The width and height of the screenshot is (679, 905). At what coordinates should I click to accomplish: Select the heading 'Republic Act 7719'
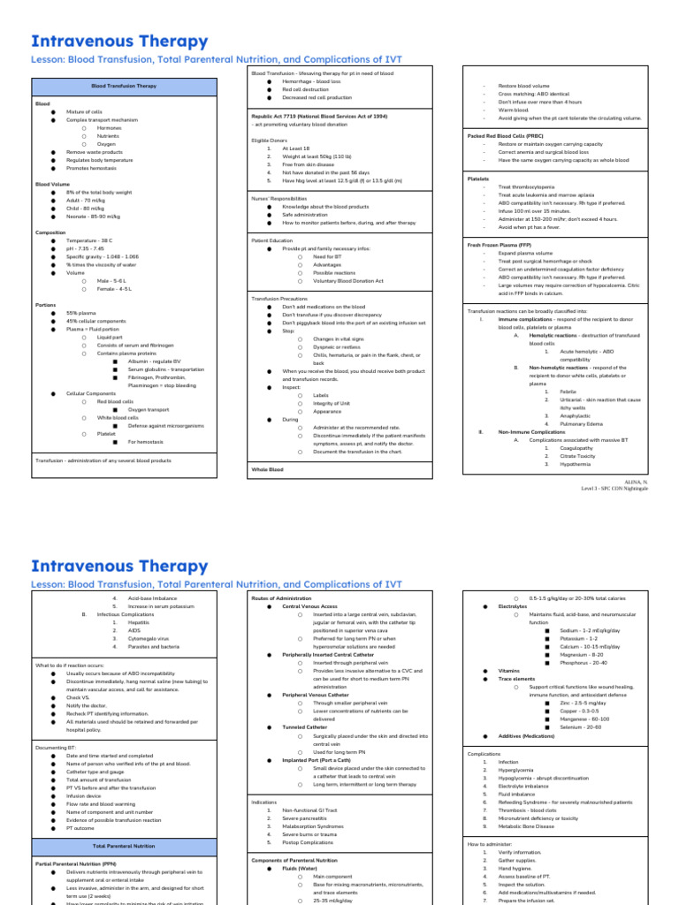pos(319,116)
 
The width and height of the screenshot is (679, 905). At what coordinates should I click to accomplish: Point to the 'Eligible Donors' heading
pos(271,140)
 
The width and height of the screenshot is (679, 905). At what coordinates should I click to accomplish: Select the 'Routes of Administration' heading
pos(282,598)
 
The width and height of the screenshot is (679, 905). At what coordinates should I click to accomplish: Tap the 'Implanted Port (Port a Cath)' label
pos(317,759)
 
